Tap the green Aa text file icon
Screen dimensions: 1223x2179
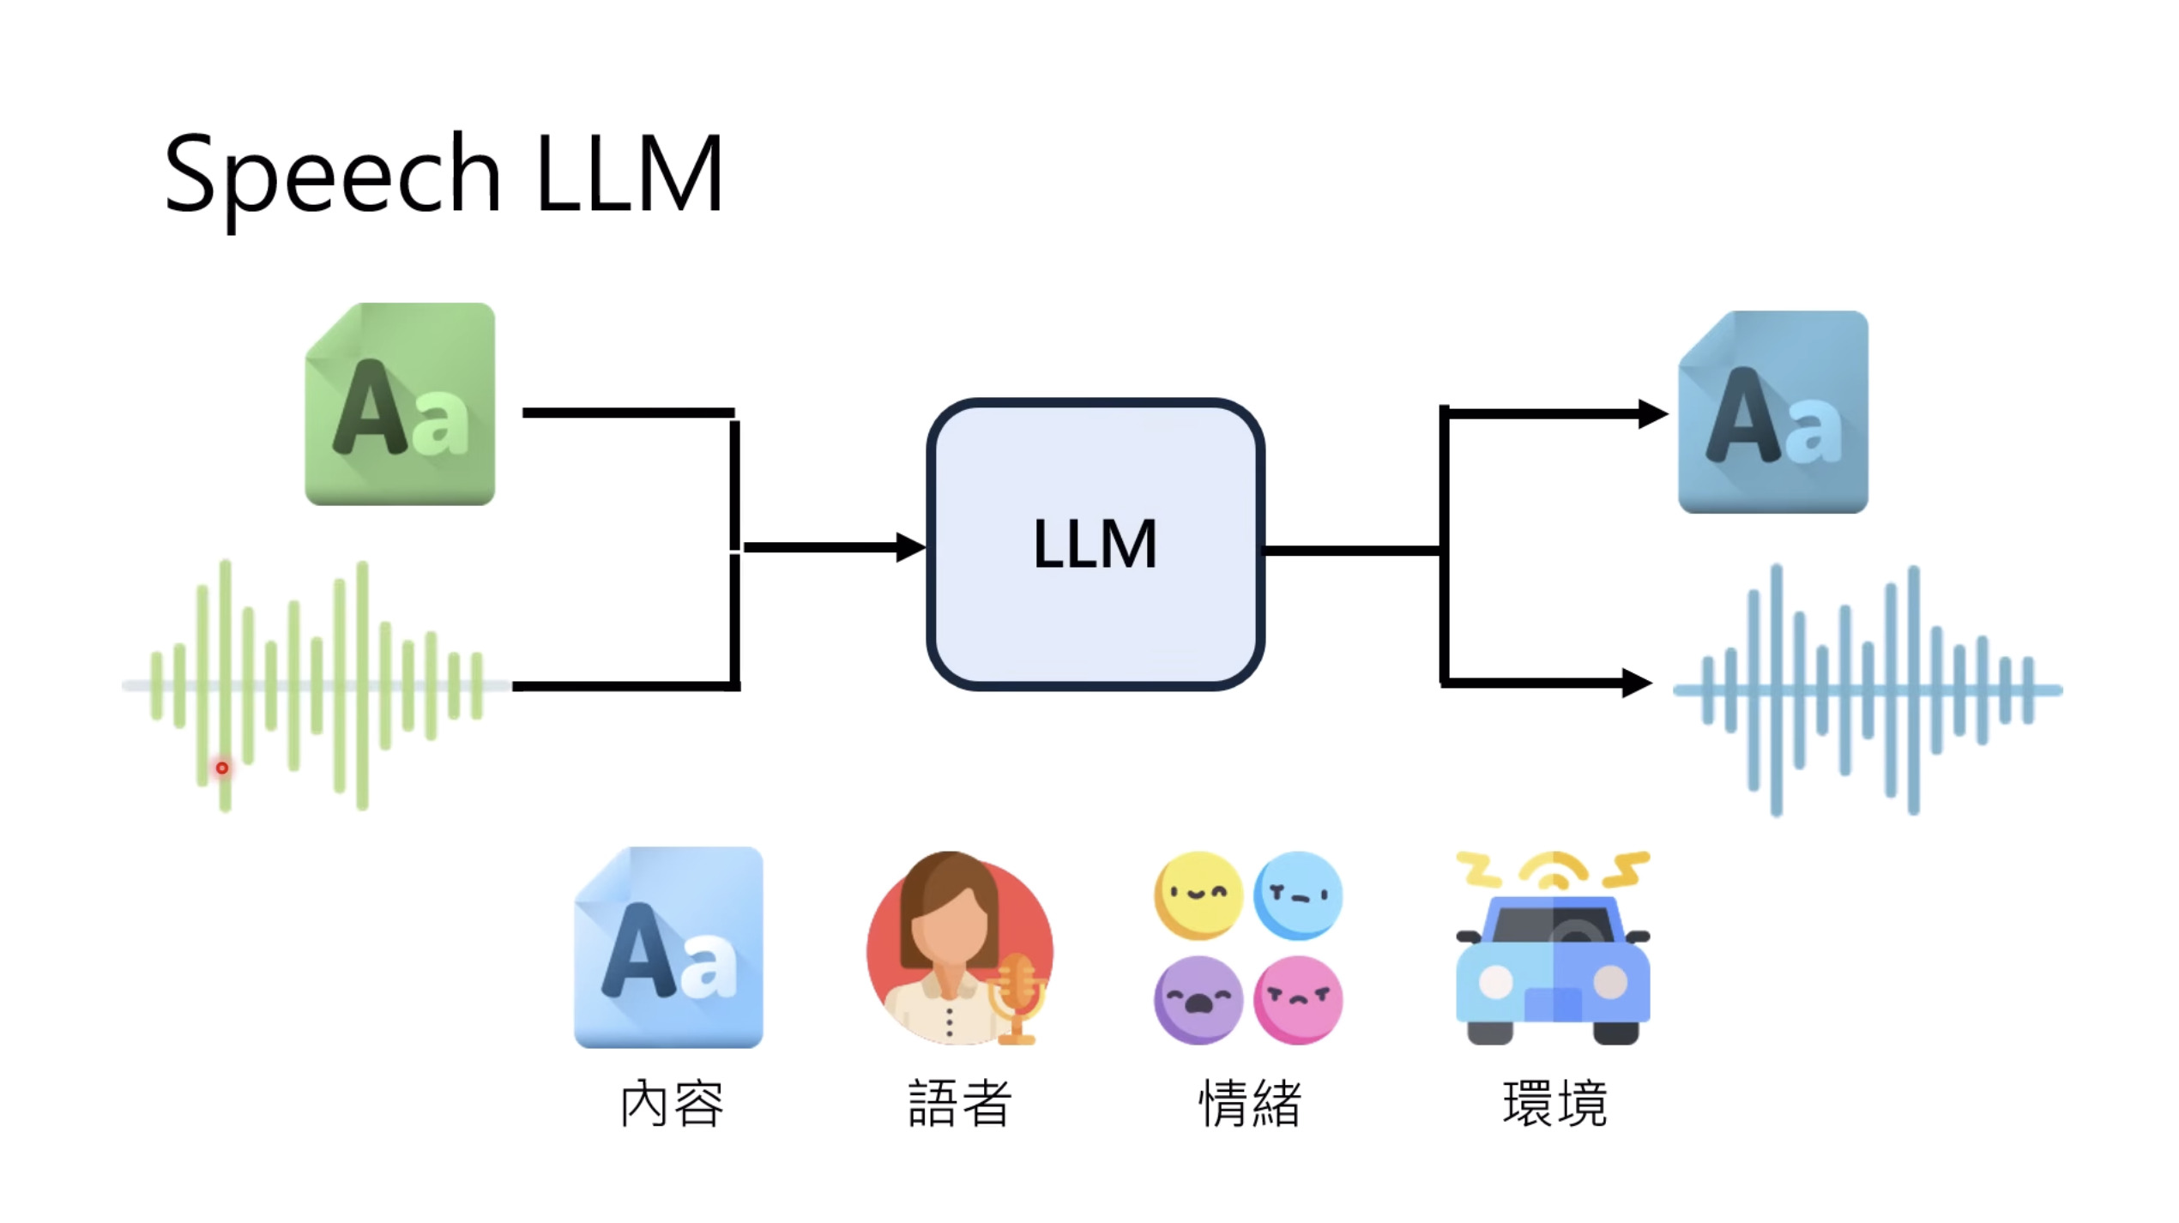coord(400,404)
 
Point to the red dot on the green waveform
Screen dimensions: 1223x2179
coord(222,768)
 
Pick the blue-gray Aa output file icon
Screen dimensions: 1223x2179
coord(1773,413)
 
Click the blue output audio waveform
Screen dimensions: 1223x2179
coord(1868,690)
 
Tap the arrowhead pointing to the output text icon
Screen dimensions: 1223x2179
coord(1651,413)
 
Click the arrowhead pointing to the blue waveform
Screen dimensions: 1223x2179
coord(1636,683)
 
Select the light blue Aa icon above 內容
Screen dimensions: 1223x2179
coord(668,947)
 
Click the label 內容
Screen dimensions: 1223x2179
coord(672,1103)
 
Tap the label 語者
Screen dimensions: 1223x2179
coord(960,1103)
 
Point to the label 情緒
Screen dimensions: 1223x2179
coord(1250,1103)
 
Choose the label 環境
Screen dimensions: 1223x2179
coord(1554,1103)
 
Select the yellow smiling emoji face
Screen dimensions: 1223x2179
coord(1198,895)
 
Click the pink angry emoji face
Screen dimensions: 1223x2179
coord(1298,999)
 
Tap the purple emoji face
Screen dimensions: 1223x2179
coord(1198,999)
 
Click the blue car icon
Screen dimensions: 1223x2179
coord(1553,969)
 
